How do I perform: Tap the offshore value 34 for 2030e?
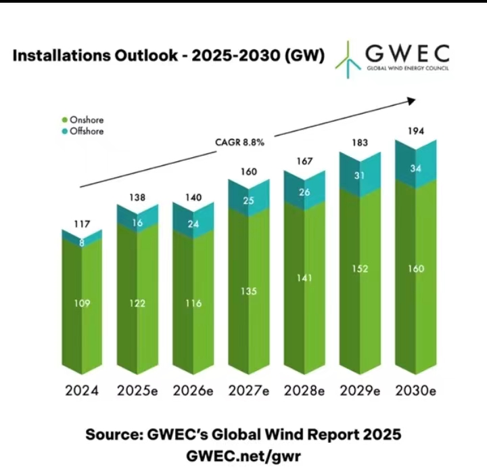pos(416,169)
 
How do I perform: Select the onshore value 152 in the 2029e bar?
pos(361,269)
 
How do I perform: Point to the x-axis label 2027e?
pos(249,391)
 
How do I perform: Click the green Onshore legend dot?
pos(66,121)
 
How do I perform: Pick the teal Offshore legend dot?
pos(66,131)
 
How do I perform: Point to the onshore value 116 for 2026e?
pos(193,303)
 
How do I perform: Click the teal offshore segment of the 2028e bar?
pos(304,194)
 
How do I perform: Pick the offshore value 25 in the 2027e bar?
pos(249,200)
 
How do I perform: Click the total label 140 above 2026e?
pos(193,198)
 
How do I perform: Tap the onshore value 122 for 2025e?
pos(137,303)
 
